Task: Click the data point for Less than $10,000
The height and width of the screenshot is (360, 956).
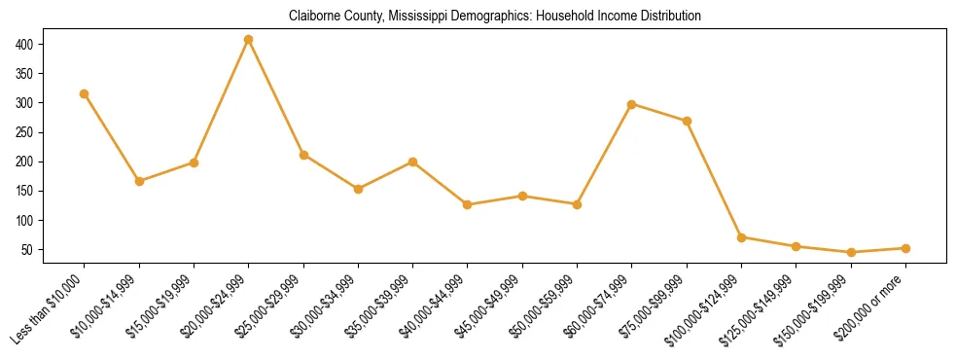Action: (85, 93)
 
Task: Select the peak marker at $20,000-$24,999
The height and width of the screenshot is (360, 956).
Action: (249, 39)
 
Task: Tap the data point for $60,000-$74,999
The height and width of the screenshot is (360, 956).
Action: (632, 103)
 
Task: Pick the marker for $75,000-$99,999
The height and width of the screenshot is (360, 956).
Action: (687, 121)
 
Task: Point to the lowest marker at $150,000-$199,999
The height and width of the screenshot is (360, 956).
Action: (851, 252)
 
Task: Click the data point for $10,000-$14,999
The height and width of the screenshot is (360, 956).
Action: (139, 181)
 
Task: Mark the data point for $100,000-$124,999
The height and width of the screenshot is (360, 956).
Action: (742, 237)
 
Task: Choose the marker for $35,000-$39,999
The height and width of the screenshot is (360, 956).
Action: (413, 162)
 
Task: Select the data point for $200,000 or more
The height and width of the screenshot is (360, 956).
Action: (905, 248)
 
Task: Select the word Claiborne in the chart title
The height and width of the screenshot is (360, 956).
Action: (313, 17)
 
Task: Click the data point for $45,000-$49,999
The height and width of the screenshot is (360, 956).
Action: (522, 196)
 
